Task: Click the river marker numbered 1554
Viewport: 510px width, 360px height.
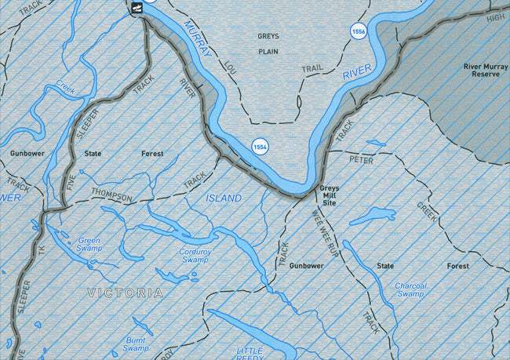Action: tap(260, 147)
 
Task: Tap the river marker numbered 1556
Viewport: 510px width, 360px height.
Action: tap(359, 31)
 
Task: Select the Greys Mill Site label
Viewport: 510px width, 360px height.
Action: tap(329, 195)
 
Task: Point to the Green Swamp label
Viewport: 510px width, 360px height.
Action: tap(89, 244)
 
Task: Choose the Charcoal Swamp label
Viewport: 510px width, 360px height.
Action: tap(410, 290)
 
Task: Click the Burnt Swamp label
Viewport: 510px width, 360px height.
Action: tap(135, 344)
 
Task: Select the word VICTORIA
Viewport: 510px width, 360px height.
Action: tap(126, 293)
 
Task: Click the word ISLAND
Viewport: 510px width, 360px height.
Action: tap(224, 198)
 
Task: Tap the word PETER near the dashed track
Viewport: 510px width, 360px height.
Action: tap(361, 160)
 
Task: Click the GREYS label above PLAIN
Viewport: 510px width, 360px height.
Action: tap(268, 36)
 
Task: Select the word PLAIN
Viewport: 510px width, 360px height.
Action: tap(268, 53)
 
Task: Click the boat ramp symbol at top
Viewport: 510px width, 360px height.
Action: tap(137, 8)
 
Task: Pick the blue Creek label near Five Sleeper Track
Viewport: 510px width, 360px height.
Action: tap(65, 87)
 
